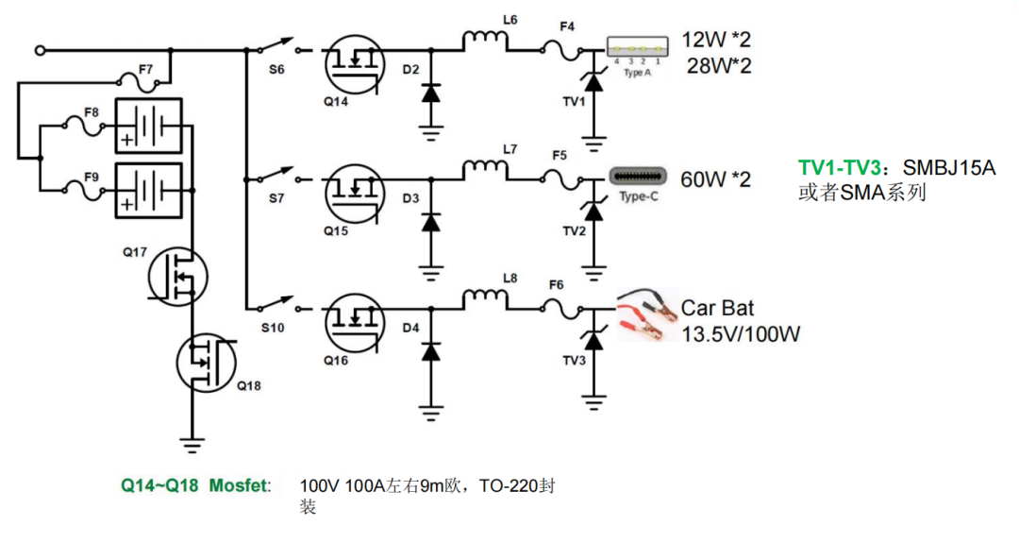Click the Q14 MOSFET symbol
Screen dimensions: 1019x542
pos(354,64)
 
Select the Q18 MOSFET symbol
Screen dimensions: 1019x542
pos(207,362)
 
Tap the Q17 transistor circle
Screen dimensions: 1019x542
pos(177,276)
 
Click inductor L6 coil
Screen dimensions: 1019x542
pos(485,41)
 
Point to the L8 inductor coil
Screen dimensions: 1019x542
pos(485,299)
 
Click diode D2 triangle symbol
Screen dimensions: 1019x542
pos(430,93)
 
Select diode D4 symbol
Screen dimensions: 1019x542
pos(430,352)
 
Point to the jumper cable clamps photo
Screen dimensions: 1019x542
pos(647,314)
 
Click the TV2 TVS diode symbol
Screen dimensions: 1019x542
pos(593,212)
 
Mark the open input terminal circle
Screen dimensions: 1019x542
pos(40,50)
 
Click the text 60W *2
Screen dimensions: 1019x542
pos(715,178)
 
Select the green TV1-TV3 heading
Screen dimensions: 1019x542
pos(839,168)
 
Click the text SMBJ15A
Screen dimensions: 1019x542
pos(949,168)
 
